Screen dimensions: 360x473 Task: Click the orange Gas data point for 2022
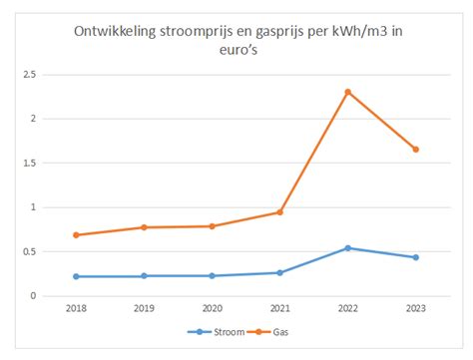point(347,92)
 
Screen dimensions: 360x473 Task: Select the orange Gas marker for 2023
point(415,150)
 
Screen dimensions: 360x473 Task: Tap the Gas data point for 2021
point(279,211)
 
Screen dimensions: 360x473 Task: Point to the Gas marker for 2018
point(76,235)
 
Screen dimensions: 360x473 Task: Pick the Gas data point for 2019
point(144,227)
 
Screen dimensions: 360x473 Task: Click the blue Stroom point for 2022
point(347,248)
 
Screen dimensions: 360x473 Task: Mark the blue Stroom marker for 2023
point(415,257)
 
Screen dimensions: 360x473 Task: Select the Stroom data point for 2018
point(76,276)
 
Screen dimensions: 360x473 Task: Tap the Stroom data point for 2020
point(212,275)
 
